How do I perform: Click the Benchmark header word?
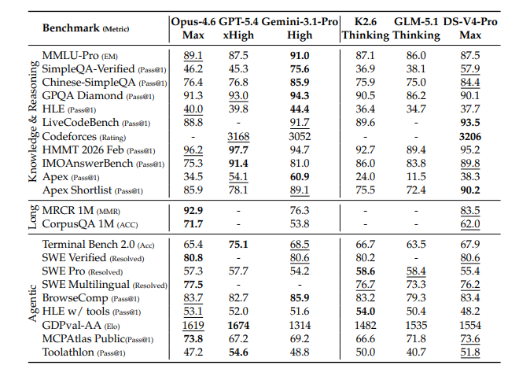pyautogui.click(x=71, y=28)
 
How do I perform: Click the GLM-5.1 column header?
pyautogui.click(x=416, y=22)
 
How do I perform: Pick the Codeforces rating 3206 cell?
pyautogui.click(x=470, y=136)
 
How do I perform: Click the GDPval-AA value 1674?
pyautogui.click(x=238, y=325)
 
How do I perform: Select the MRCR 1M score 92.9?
pyautogui.click(x=193, y=211)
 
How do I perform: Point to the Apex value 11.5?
pyautogui.click(x=416, y=176)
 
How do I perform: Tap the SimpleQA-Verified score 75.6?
pyautogui.click(x=300, y=69)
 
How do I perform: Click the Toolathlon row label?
pyautogui.click(x=68, y=352)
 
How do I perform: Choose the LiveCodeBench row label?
pyautogui.click(x=80, y=123)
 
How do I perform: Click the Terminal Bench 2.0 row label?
pyautogui.click(x=88, y=245)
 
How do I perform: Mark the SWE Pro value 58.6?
pyautogui.click(x=366, y=271)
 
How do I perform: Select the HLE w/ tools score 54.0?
pyautogui.click(x=366, y=312)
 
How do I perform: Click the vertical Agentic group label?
pyautogui.click(x=32, y=303)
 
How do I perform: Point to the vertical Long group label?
pyautogui.click(x=32, y=217)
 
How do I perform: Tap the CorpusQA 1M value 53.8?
pyautogui.click(x=300, y=224)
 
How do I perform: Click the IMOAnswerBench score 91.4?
pyautogui.click(x=238, y=164)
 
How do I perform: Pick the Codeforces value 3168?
pyautogui.click(x=238, y=136)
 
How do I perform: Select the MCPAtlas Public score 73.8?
pyautogui.click(x=193, y=339)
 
